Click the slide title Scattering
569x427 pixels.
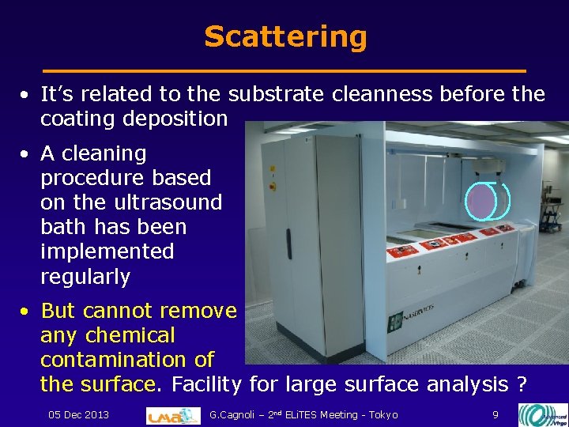click(285, 36)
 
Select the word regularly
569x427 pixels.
click(85, 277)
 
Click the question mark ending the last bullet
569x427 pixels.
click(521, 384)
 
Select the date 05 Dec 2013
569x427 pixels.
click(78, 414)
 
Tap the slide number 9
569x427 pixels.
click(495, 414)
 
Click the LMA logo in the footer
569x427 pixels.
click(173, 414)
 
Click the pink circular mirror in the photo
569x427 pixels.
click(481, 201)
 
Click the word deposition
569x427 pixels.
click(181, 119)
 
